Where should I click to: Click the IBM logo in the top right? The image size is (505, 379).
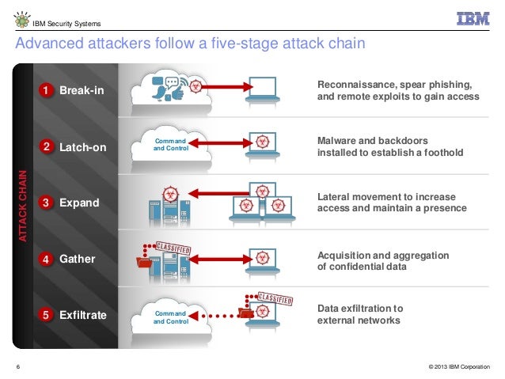472,19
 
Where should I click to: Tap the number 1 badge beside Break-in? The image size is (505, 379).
47,91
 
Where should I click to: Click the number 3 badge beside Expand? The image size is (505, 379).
47,203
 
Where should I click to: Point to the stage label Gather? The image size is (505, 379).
78,259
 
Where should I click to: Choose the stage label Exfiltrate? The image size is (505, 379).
83,316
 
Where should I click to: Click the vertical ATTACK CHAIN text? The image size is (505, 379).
23,204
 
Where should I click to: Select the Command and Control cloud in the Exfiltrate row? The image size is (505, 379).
170,317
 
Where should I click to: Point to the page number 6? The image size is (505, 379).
17,366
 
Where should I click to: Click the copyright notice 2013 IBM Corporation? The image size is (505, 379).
458,366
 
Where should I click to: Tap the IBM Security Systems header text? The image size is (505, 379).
66,21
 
